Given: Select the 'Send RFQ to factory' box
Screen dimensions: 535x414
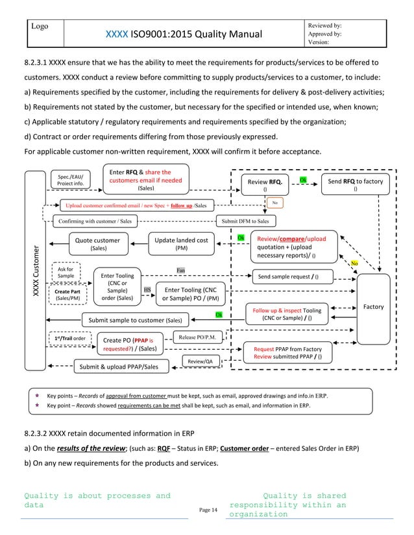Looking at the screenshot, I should click(x=355, y=185).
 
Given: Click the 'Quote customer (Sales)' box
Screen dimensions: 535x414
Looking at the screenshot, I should click(x=98, y=244).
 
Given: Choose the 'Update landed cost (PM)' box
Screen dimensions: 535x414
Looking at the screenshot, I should click(x=181, y=244).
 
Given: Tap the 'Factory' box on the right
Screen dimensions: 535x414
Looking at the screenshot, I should click(x=372, y=306).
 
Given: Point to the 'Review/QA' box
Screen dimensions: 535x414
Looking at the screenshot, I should click(x=199, y=361).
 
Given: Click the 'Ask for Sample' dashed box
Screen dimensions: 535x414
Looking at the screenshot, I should click(x=66, y=273).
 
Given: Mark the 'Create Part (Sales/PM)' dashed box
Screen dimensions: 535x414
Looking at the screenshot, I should click(x=67, y=295).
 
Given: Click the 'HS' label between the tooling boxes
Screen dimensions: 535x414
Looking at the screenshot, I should click(x=147, y=290).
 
